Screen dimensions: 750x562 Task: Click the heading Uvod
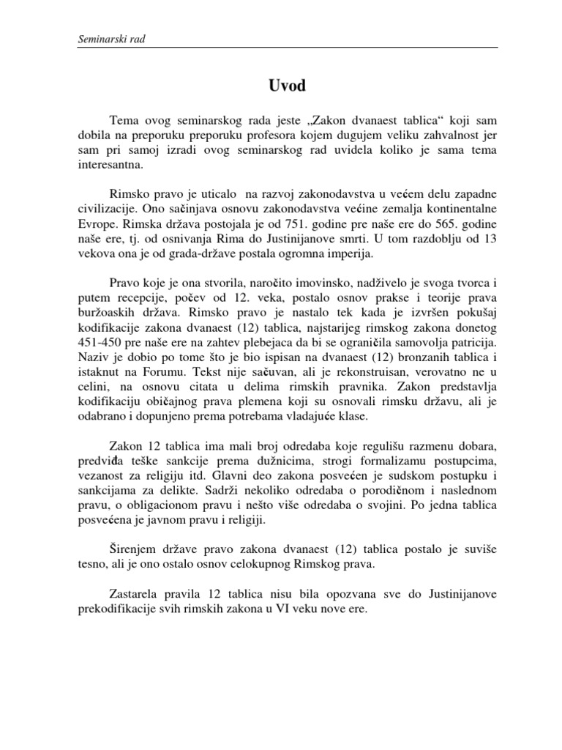point(281,86)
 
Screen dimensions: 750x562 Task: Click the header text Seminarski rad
point(110,39)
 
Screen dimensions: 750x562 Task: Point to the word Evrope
point(97,222)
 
